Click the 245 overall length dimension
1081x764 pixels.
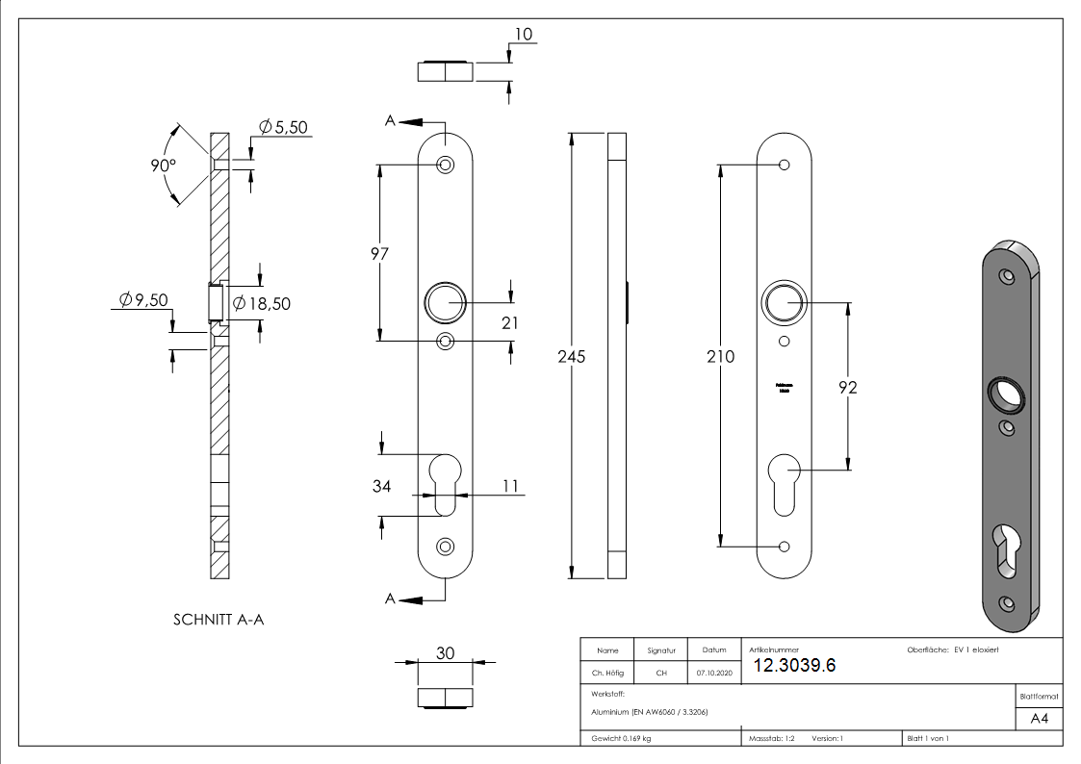[x=572, y=356]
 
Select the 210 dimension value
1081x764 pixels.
[x=720, y=357]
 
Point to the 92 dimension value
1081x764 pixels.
[x=846, y=388]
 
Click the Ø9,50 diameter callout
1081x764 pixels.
[x=143, y=300]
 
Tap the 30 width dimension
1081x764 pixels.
[x=446, y=652]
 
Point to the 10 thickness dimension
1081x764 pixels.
[x=524, y=35]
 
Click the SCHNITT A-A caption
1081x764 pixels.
[x=219, y=620]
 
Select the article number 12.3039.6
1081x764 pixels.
[x=794, y=666]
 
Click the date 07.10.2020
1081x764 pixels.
[x=714, y=674]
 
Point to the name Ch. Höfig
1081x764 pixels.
[x=607, y=674]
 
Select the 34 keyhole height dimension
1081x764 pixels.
[x=381, y=486]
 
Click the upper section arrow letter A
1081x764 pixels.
[x=391, y=121]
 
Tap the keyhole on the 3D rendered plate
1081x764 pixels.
[x=1005, y=551]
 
